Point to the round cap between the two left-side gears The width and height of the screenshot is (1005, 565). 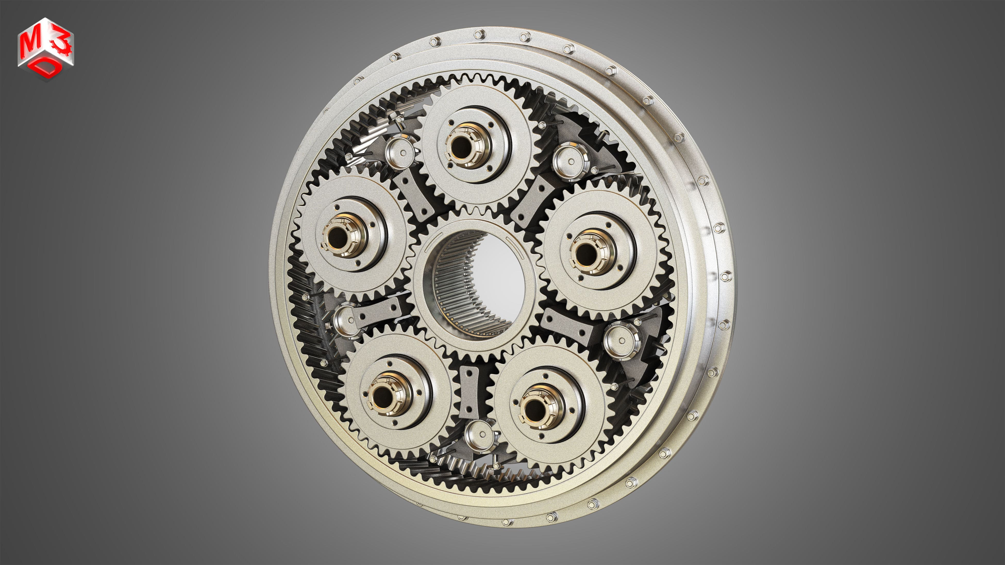point(346,320)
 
